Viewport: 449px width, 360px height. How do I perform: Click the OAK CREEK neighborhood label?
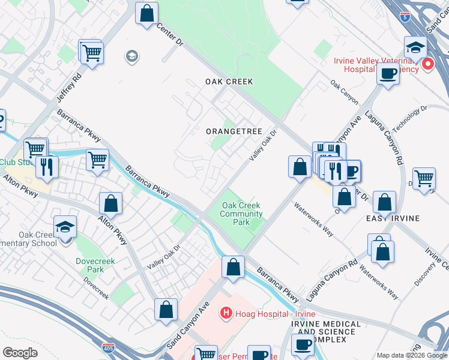pos(229,82)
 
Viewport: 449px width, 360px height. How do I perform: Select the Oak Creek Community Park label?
pos(242,214)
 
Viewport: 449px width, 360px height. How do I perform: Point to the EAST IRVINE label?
pos(393,218)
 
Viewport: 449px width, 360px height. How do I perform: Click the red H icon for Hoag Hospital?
pos(226,313)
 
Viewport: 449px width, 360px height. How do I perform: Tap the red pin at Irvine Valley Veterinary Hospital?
pos(428,64)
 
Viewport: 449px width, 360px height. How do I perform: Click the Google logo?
pos(20,353)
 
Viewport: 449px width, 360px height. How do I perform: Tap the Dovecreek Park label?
pos(89,265)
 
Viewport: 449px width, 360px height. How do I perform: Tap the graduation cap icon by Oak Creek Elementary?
pos(65,227)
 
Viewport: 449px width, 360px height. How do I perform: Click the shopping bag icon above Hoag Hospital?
pos(233,266)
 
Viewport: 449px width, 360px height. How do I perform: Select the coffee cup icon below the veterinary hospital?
pos(388,74)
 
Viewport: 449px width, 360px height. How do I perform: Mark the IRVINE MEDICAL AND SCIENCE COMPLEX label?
pos(326,332)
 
